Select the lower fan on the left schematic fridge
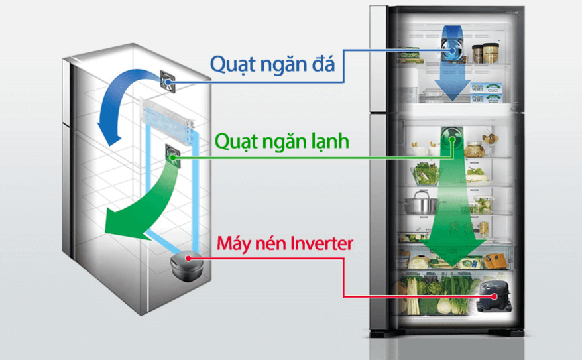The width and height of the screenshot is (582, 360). (172, 155)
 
